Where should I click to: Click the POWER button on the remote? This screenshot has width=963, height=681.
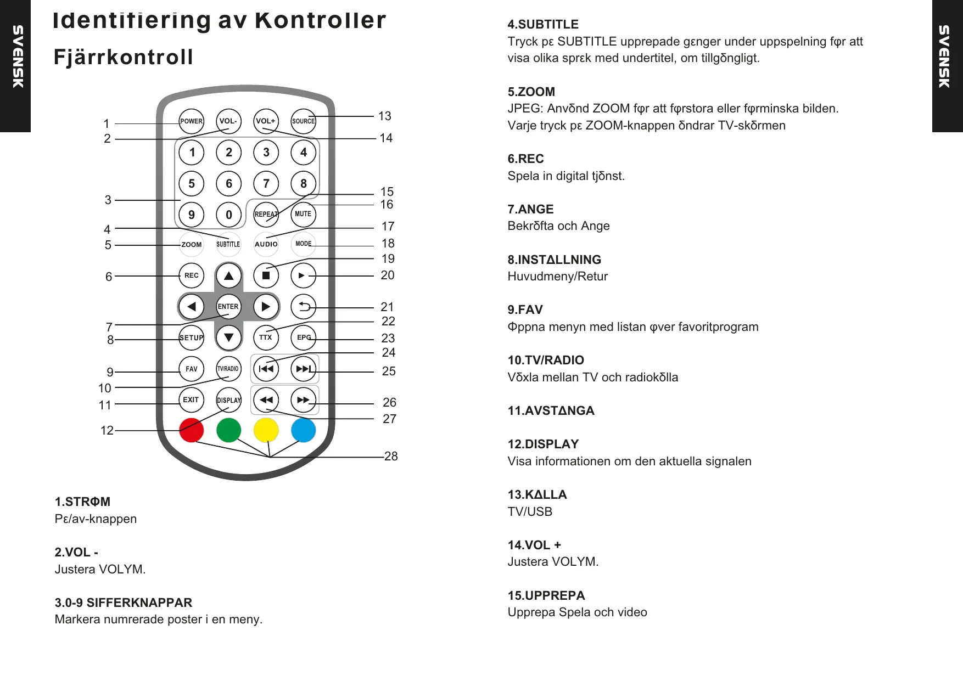[x=191, y=121]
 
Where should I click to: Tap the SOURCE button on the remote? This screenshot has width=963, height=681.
[x=303, y=121]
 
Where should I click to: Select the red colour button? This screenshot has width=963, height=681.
[x=191, y=430]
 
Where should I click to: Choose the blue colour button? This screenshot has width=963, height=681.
[x=303, y=430]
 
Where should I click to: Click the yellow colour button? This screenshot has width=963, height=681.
[x=266, y=430]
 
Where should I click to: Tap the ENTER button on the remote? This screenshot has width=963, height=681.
[x=228, y=306]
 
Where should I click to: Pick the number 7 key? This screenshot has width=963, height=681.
[x=266, y=183]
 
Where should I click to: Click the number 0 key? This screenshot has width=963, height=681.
[x=228, y=215]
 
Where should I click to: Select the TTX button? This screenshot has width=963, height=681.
[x=266, y=337]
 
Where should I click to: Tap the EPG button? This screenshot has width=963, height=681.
[x=303, y=337]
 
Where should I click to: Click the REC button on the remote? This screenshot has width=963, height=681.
[x=191, y=275]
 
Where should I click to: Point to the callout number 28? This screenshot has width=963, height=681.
[x=391, y=456]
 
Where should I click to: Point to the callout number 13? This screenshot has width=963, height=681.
[x=384, y=116]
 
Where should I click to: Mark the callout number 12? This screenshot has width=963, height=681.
[x=107, y=430]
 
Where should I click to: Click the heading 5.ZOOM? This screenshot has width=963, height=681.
[x=531, y=92]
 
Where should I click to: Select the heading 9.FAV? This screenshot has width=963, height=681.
[x=525, y=309]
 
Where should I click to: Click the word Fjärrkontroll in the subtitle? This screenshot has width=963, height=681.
[x=124, y=57]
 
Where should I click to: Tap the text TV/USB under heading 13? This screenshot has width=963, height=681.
[x=530, y=511]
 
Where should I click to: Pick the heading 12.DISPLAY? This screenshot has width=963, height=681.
[x=543, y=444]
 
